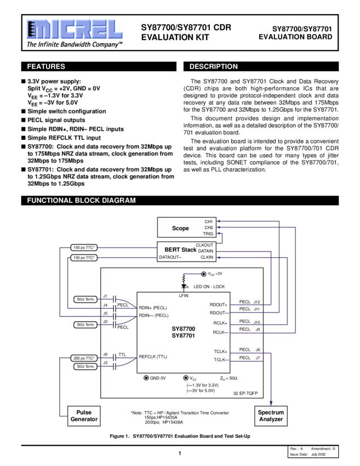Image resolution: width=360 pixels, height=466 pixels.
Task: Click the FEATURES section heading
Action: pos(46,66)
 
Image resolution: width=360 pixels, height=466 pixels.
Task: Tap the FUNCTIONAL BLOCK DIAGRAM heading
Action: pos(81,201)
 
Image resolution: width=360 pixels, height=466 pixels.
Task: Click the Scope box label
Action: pos(180,228)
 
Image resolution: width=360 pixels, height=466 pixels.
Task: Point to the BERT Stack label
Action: pos(180,249)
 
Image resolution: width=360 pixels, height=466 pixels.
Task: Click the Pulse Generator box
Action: pos(83,416)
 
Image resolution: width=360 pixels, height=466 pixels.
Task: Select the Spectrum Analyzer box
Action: pos(271,416)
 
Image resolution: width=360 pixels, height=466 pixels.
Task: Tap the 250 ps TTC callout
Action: pos(84,358)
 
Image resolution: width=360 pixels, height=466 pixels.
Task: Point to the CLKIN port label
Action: pos(207,257)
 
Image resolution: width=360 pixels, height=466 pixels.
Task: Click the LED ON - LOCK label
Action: pos(209,287)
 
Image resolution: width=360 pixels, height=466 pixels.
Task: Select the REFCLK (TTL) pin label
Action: pos(153,356)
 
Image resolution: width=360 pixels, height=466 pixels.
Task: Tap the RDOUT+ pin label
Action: pos(218,304)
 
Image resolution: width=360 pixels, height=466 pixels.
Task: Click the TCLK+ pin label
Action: pos(220,351)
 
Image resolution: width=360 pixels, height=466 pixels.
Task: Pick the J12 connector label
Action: pos(257,302)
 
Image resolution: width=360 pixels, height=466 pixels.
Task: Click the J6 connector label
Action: pos(105,354)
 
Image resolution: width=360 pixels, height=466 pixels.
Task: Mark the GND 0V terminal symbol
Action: pos(146,378)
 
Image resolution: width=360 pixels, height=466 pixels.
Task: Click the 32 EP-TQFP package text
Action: pos(244,394)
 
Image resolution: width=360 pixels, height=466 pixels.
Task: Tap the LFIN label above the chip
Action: pos(184,295)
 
